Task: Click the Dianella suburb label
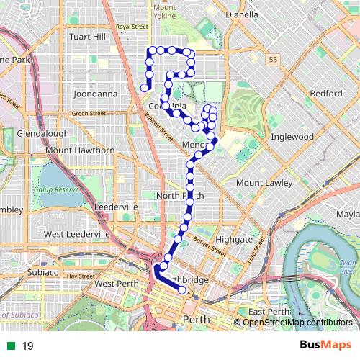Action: pos(241,14)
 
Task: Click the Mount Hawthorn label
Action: pos(80,150)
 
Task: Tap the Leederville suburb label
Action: pos(116,207)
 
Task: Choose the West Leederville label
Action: pos(77,234)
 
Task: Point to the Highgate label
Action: pos(234,239)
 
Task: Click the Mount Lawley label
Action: pos(264,183)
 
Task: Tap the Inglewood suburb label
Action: pos(292,136)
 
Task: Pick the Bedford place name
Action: pos(326,94)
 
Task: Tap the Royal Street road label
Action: pos(132,27)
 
